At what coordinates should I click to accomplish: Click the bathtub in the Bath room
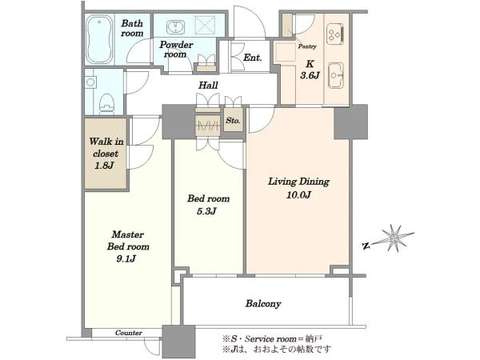(x=98, y=39)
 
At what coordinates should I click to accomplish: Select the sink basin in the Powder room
(x=175, y=26)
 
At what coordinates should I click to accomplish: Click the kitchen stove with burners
(x=335, y=33)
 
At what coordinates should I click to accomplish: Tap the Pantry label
(x=307, y=46)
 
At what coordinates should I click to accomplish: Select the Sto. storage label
(x=233, y=121)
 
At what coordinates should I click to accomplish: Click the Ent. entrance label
(x=253, y=58)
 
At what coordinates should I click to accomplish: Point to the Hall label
(x=208, y=85)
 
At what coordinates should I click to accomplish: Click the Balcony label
(x=263, y=304)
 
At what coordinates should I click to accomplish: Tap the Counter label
(x=129, y=333)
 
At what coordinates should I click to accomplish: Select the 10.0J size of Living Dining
(x=298, y=195)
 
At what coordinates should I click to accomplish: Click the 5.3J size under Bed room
(x=206, y=211)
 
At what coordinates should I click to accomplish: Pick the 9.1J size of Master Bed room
(x=126, y=259)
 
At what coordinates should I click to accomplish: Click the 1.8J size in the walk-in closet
(x=104, y=166)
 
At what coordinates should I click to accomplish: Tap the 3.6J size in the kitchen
(x=310, y=75)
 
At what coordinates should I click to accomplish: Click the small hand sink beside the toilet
(x=90, y=82)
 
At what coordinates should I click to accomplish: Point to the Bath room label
(x=132, y=28)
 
